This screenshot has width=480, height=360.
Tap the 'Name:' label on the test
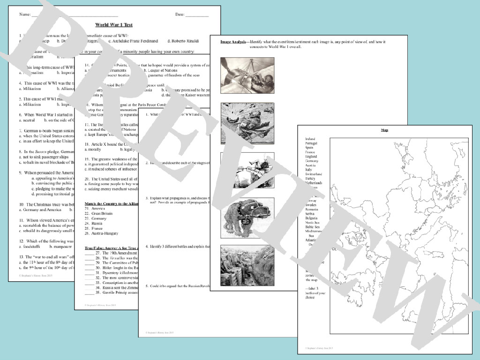[25, 15]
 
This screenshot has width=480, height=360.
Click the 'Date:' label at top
[180, 15]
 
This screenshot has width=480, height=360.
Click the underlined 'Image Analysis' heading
[233, 42]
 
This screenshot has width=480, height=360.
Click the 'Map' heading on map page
[384, 130]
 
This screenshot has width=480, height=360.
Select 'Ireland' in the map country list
[310, 139]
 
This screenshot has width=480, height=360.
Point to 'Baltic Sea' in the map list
[312, 227]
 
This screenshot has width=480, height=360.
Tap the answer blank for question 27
[89, 253]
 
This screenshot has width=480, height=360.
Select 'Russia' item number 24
[97, 224]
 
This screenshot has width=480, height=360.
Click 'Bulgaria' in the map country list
[311, 218]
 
